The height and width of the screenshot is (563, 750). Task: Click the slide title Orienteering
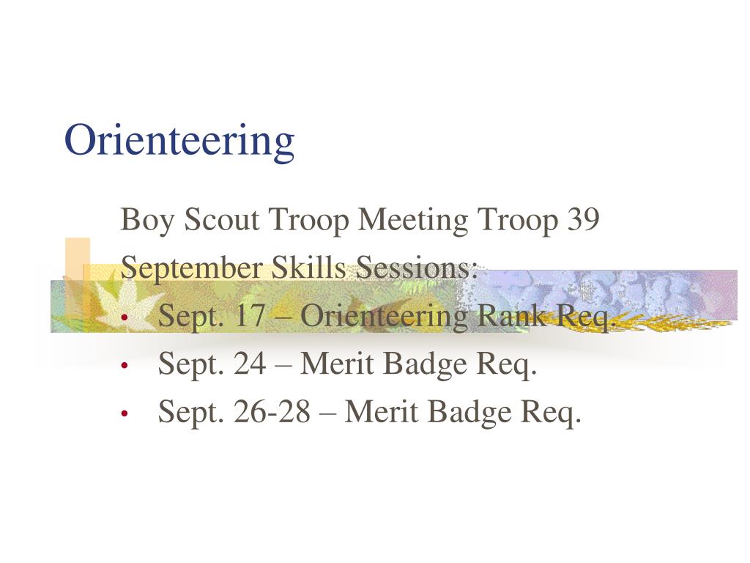[x=179, y=140]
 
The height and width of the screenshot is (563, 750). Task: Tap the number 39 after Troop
[x=583, y=220]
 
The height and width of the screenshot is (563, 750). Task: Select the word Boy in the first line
[x=146, y=221]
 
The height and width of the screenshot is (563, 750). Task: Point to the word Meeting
[x=413, y=221]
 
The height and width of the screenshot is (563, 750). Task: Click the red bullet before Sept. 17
[x=125, y=317]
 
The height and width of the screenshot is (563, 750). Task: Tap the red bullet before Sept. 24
[x=125, y=366]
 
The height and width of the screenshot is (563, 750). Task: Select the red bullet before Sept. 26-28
[x=125, y=413]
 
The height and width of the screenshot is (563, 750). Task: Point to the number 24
[x=250, y=364]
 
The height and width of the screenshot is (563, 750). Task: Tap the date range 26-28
[x=272, y=411]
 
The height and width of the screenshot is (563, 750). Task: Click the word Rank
[x=513, y=315]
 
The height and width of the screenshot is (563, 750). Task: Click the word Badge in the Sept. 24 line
[x=425, y=364]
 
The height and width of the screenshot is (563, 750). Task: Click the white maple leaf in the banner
[x=123, y=303]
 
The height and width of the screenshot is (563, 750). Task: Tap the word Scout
[x=221, y=220]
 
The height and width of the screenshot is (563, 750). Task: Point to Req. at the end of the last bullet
[x=551, y=413]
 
